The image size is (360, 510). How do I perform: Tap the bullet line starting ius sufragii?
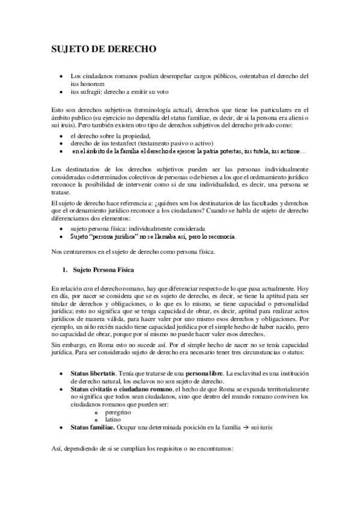pyautogui.click(x=120, y=92)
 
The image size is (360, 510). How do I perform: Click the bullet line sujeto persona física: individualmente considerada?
pyautogui.click(x=138, y=229)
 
